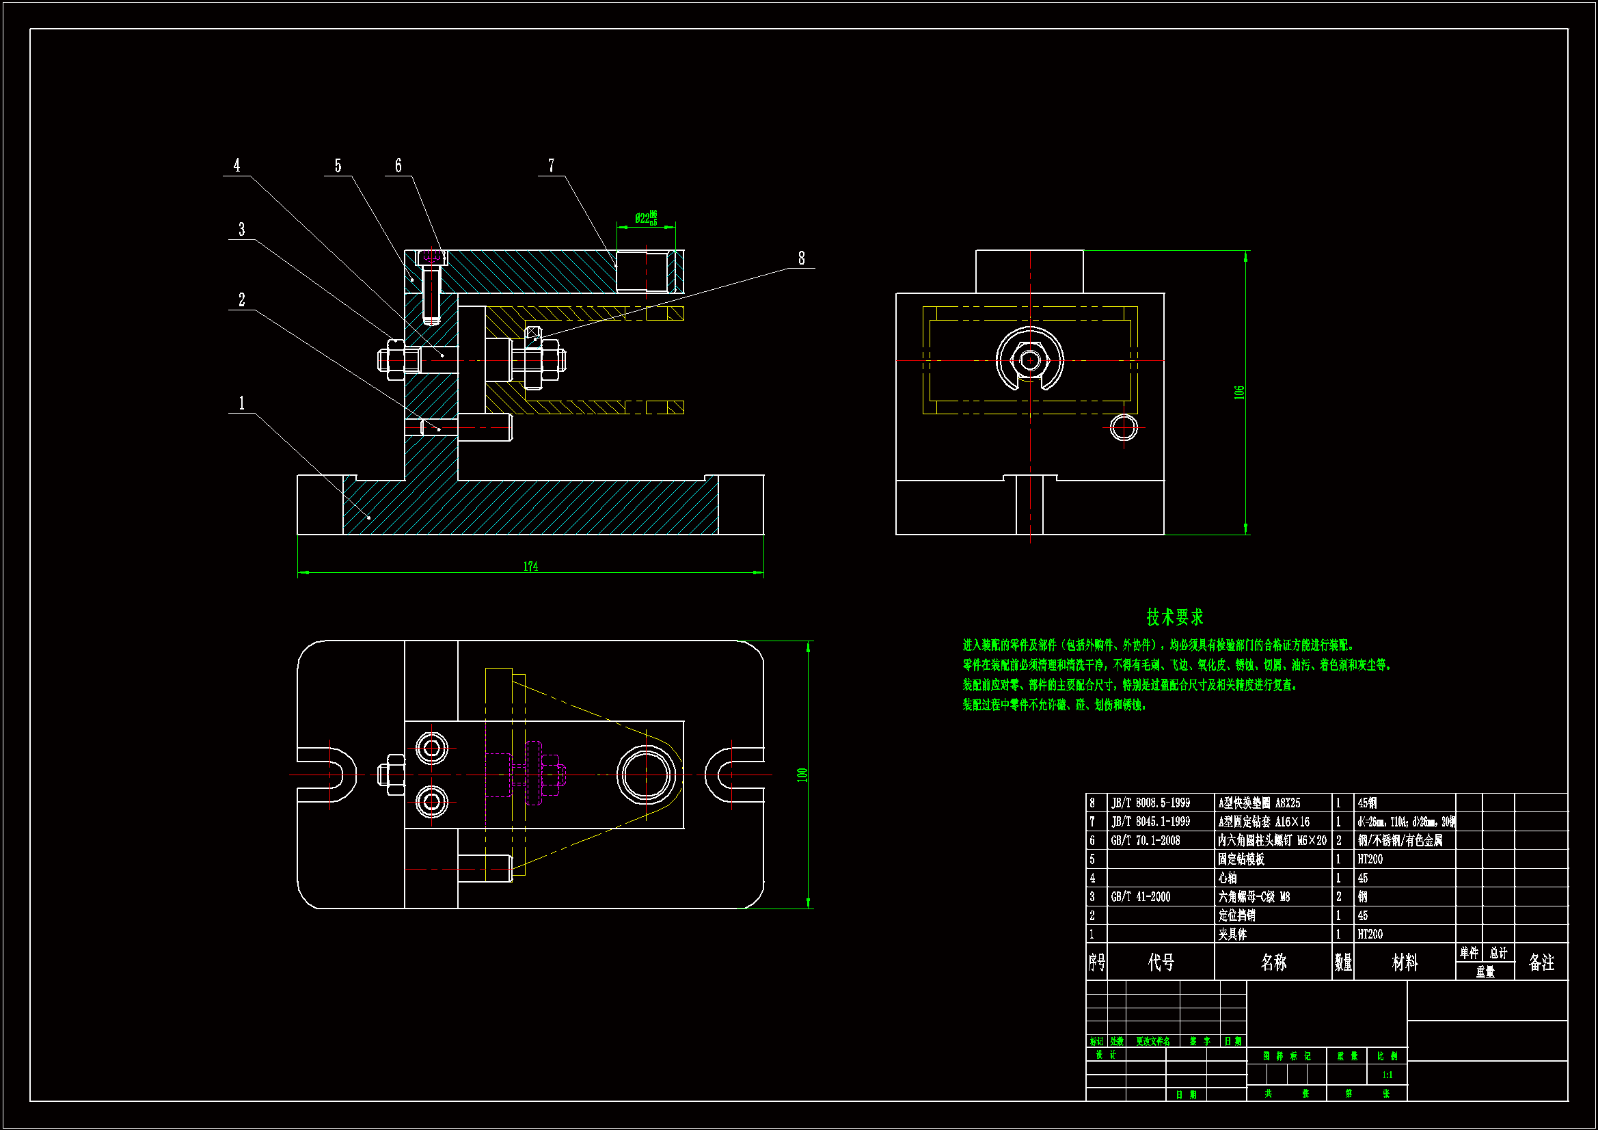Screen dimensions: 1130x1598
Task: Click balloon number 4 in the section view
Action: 236,165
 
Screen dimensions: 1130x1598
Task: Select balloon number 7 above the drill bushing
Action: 551,165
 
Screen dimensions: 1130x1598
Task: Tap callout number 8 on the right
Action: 802,258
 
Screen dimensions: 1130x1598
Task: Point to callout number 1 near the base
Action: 241,403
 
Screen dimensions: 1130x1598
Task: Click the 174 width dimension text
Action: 530,567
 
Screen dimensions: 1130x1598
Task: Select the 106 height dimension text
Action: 1239,392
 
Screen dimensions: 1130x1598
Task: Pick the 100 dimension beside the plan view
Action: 802,775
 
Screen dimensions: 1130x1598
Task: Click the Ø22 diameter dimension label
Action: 645,219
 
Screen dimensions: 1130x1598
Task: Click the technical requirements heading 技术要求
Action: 1175,617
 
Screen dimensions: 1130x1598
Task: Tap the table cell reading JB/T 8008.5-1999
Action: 1150,803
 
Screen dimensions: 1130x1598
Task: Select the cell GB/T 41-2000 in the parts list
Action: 1141,897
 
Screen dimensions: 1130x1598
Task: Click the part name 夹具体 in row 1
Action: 1232,934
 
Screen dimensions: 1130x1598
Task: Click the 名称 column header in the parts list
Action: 1273,963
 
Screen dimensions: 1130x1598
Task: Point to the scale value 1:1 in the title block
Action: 1387,1075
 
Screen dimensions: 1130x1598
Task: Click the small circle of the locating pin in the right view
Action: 1124,427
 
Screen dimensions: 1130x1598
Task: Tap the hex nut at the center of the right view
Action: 1030,360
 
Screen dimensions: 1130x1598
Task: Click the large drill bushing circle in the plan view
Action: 646,775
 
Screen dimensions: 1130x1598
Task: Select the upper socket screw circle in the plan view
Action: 431,749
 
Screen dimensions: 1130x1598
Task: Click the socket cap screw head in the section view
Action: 431,258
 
